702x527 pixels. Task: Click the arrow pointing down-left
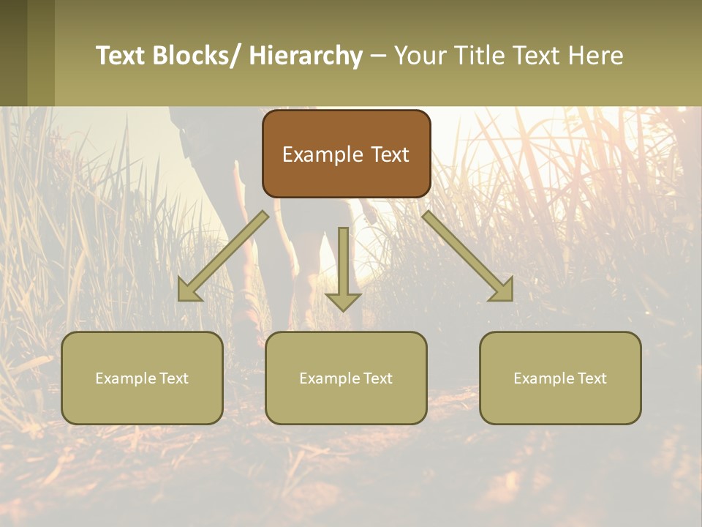223,256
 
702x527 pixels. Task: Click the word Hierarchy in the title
306,56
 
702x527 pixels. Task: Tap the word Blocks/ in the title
195,56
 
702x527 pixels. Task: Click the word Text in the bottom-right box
592,378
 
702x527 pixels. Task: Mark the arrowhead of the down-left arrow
189,291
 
